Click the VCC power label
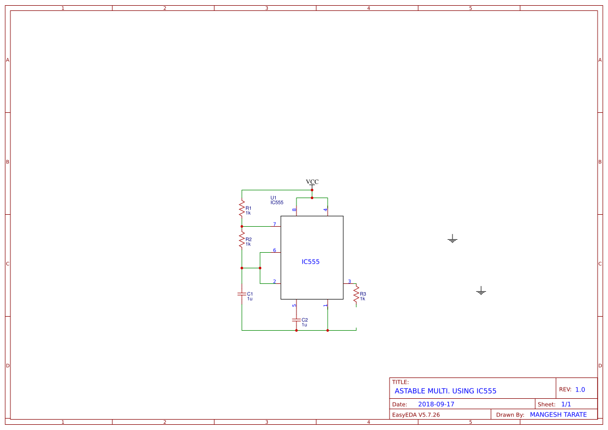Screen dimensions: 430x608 pos(312,182)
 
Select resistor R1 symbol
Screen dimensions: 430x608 pos(242,209)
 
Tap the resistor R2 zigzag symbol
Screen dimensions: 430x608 pos(242,240)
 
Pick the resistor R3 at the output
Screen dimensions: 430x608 pos(356,295)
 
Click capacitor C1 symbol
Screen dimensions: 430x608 pos(242,294)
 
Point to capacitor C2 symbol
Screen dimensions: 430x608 pos(296,319)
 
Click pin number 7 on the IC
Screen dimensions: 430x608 pos(275,224)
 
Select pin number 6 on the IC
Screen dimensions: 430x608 pos(275,250)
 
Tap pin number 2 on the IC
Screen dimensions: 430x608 pos(275,281)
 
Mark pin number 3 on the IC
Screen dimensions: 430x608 pos(350,281)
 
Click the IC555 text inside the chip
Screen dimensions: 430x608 pos(311,262)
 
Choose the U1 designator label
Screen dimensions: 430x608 pos(274,198)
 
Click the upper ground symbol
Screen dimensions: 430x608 pos(452,239)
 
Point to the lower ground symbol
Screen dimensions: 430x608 pos(481,291)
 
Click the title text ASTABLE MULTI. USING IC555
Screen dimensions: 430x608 pos(445,391)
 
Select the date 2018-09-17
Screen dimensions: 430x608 pos(436,404)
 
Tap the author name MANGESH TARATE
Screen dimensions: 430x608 pos(558,414)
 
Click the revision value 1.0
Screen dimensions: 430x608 pos(580,389)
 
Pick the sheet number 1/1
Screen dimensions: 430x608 pos(566,404)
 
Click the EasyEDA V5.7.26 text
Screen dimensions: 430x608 pos(416,415)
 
